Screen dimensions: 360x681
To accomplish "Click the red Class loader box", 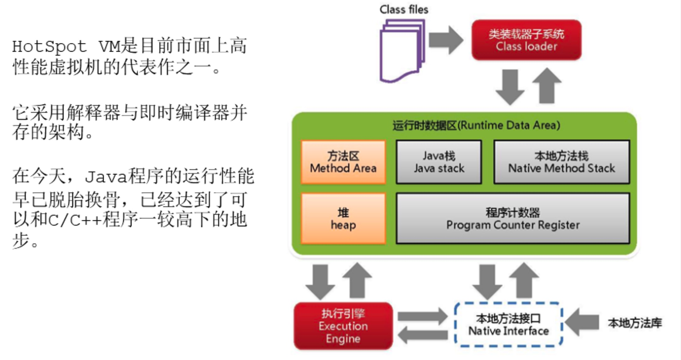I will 526,40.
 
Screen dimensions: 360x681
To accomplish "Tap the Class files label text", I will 404,9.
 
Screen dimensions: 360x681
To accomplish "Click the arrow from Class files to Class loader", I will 446,40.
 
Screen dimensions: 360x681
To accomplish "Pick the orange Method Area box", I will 343,162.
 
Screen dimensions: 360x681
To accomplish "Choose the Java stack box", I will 439,162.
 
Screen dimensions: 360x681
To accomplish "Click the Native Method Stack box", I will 562,162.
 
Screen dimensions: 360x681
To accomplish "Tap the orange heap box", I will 343,219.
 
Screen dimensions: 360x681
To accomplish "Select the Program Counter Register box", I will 513,219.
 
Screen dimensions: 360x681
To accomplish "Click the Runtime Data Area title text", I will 476,125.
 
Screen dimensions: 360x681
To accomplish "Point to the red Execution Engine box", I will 343,326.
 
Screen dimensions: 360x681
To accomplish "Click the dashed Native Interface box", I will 509,325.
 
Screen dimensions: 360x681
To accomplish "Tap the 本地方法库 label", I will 635,323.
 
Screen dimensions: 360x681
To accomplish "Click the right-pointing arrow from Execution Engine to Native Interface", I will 423,316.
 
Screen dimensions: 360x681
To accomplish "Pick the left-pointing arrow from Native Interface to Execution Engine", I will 423,335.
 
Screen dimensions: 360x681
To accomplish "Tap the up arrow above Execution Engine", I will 357,281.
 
